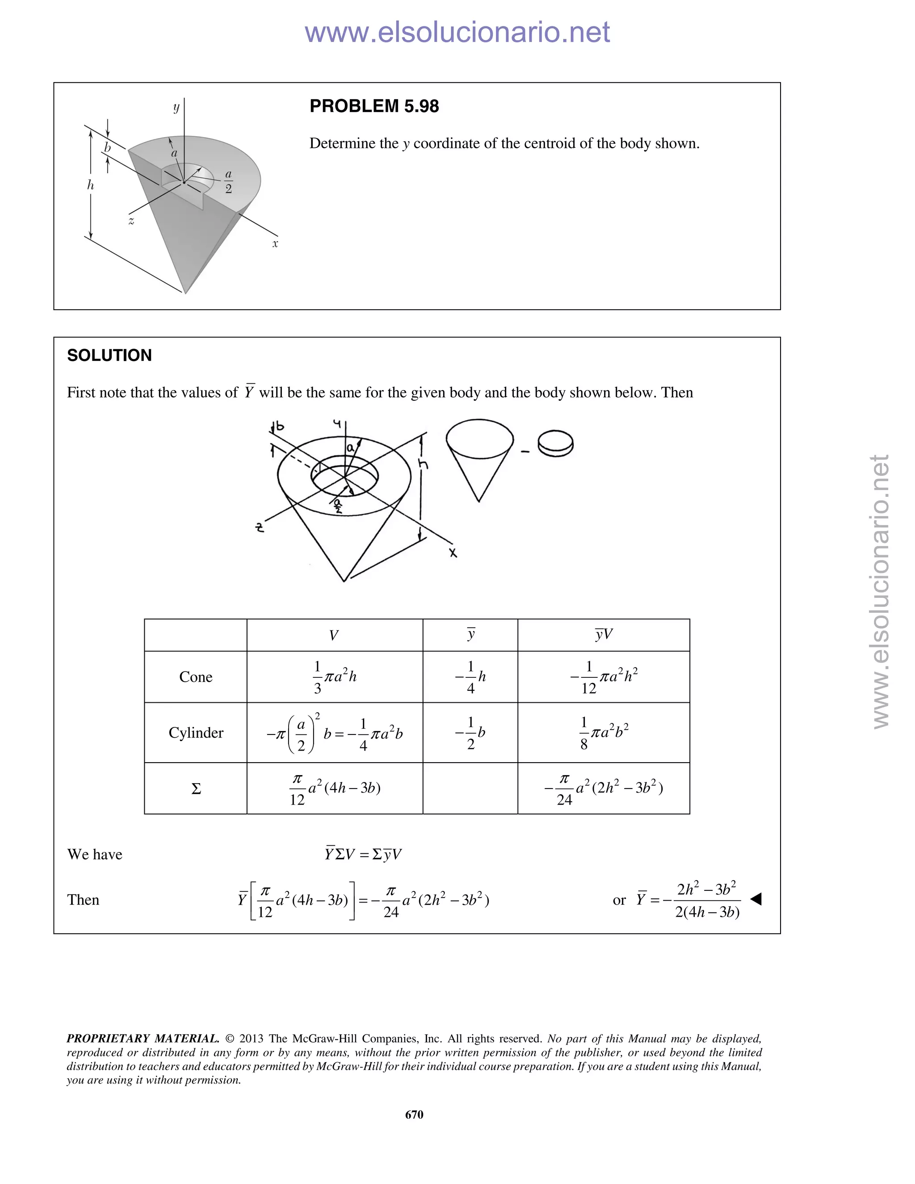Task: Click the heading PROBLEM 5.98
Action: (x=374, y=106)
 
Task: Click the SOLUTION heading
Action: (x=109, y=356)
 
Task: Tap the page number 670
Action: (x=414, y=1114)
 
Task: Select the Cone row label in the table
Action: (x=196, y=677)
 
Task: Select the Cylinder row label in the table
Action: (x=196, y=733)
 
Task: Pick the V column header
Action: (x=334, y=635)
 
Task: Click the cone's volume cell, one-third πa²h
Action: (x=335, y=677)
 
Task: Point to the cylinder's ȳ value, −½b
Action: (x=470, y=733)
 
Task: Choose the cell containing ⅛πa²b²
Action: (x=603, y=733)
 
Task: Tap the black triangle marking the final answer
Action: (x=756, y=899)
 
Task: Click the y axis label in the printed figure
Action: (x=176, y=107)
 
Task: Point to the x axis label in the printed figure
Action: (x=275, y=244)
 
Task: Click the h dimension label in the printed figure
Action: (x=91, y=185)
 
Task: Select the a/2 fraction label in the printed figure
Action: (x=228, y=181)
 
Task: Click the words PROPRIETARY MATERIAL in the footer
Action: (x=143, y=1039)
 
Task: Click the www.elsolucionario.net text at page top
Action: (x=457, y=32)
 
